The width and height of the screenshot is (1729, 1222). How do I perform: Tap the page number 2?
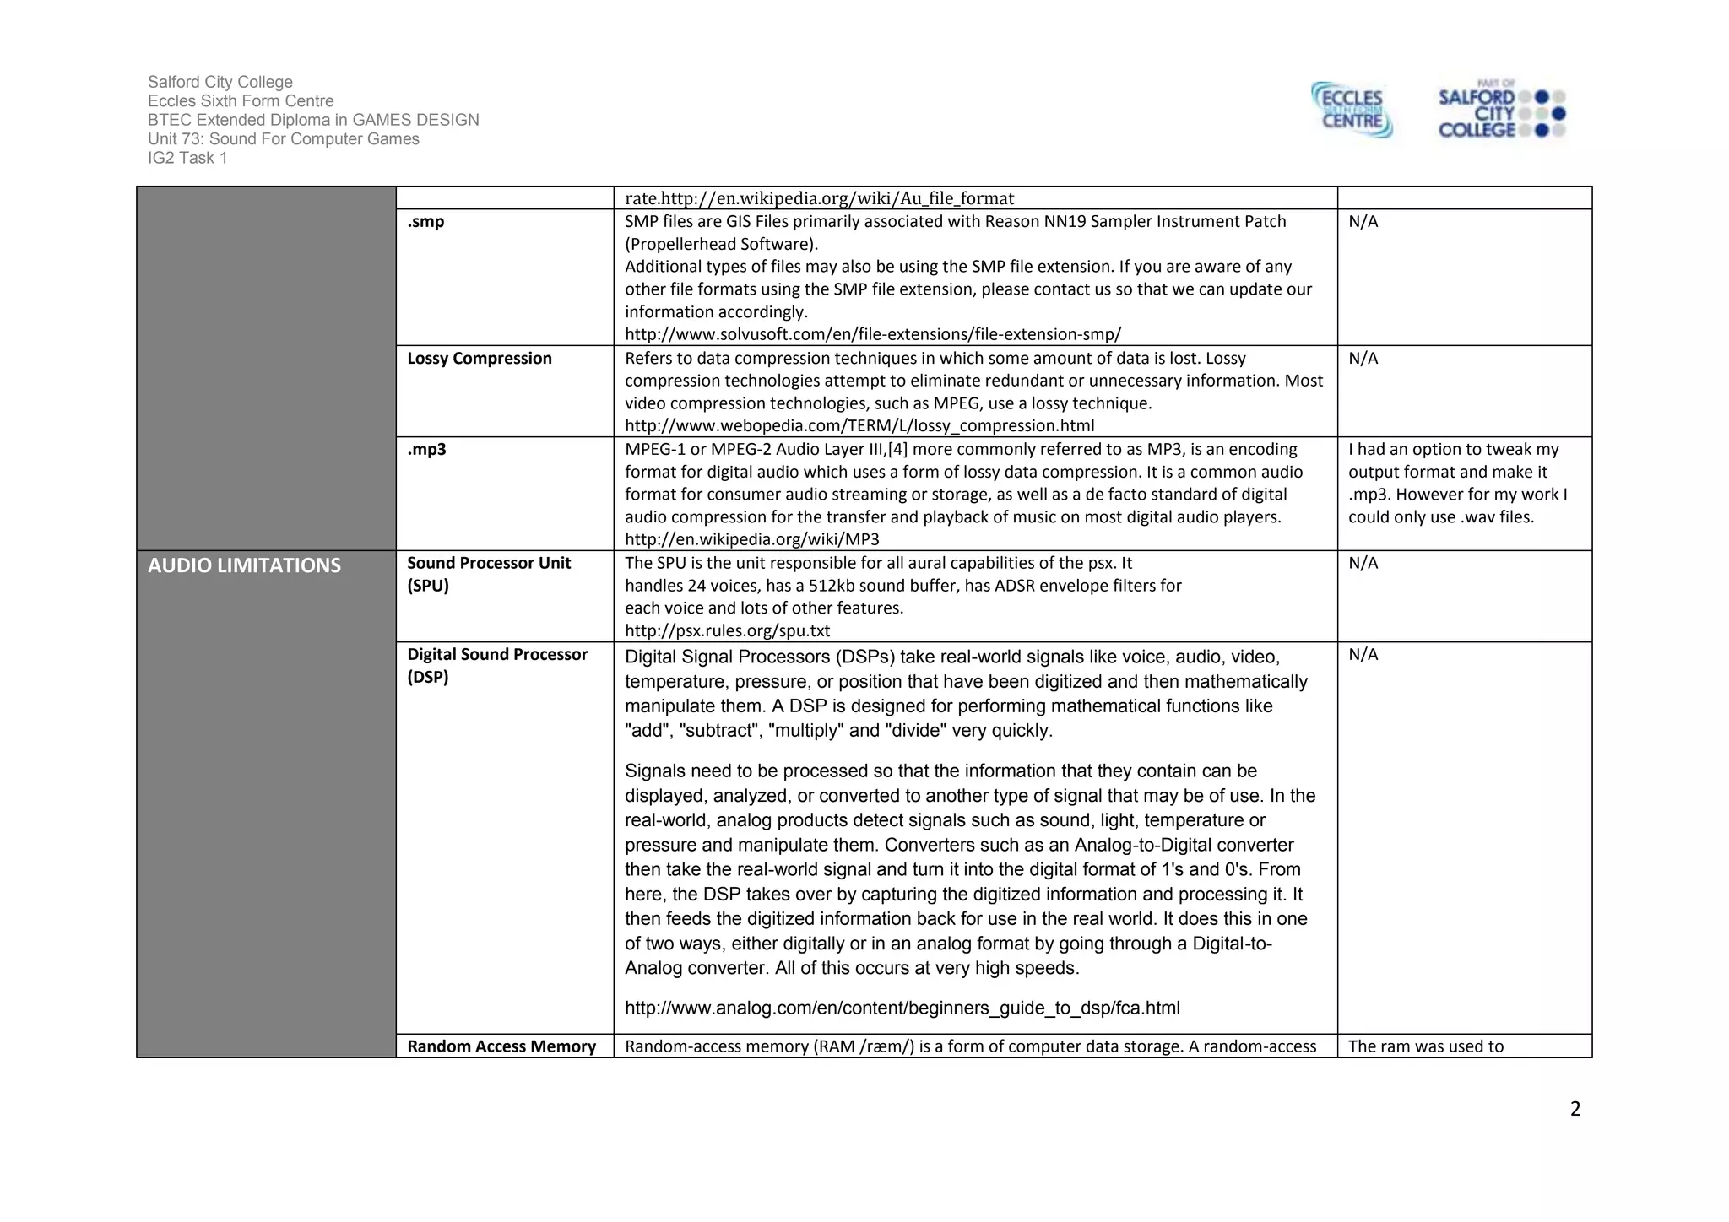1575,1109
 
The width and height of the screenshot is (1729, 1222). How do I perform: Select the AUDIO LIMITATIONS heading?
244,565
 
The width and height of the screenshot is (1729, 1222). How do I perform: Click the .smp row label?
425,222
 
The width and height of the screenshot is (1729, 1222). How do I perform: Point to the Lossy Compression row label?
480,359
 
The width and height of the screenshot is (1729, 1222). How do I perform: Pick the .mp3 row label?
426,450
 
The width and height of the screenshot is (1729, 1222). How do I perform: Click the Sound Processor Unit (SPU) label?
489,574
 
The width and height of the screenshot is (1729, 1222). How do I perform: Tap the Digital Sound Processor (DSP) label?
497,665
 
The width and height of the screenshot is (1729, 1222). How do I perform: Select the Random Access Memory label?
501,1046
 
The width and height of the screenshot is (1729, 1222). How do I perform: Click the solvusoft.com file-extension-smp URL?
873,334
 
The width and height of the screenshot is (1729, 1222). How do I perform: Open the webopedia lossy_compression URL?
859,426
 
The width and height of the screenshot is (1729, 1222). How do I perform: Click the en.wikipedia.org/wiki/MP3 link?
752,539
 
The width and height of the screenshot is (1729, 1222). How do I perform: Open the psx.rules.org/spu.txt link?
727,630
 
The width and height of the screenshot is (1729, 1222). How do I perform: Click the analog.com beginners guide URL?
902,1008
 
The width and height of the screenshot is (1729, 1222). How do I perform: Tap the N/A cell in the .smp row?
1363,222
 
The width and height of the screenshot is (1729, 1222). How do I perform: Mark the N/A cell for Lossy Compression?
1363,359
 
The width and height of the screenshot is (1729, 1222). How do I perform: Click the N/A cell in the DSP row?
1363,655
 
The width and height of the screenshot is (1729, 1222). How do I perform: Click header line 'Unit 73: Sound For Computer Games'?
283,139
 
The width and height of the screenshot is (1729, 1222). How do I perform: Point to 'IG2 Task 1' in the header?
187,158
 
